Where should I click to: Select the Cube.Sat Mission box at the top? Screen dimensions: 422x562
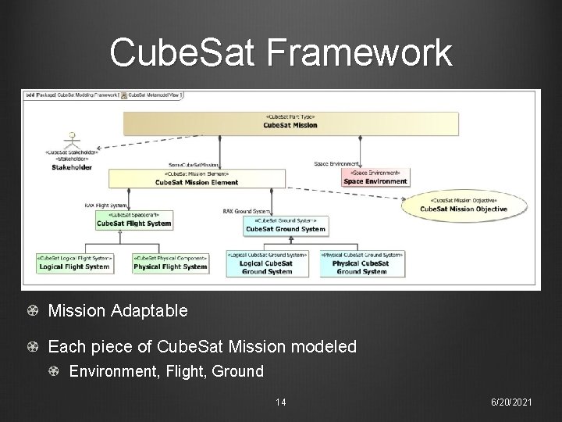290,122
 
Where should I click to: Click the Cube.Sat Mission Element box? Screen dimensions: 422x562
196,178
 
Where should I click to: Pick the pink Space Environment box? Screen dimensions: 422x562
375,177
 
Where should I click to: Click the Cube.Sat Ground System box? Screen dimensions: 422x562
285,225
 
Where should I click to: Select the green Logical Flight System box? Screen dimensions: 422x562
74,263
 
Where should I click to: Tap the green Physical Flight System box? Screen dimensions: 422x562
170,263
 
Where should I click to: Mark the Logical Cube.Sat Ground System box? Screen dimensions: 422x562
267,263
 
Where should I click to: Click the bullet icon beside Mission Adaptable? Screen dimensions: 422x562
32,311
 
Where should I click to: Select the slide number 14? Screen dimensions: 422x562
280,402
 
